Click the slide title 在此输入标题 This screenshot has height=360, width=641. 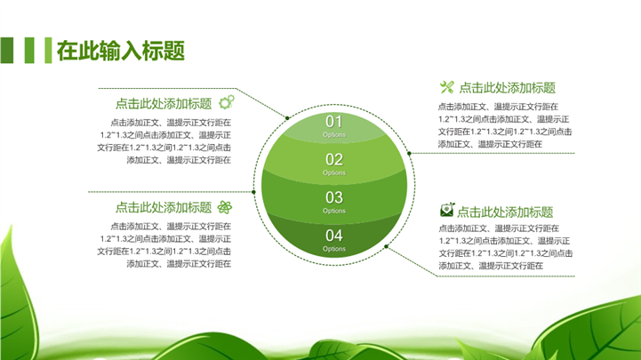[121, 51]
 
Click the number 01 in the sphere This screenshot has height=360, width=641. [333, 122]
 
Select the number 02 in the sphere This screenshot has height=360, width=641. [334, 159]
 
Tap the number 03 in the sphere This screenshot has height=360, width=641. [334, 197]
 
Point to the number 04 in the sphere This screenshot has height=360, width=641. [334, 236]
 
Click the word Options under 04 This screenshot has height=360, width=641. [334, 249]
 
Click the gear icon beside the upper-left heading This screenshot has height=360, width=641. [227, 101]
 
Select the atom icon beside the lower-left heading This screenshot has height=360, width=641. [224, 207]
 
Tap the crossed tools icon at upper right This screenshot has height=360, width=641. [447, 86]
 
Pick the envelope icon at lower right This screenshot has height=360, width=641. [447, 210]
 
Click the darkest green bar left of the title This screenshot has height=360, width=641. [7, 51]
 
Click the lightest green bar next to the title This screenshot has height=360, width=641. [48, 51]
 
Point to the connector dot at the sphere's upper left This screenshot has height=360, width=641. [287, 118]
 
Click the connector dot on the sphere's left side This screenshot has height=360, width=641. [254, 192]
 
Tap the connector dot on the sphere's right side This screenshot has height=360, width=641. [409, 154]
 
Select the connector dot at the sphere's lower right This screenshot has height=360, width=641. [387, 246]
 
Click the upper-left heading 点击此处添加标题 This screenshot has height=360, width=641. [164, 103]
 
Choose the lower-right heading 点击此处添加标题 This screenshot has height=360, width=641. [505, 212]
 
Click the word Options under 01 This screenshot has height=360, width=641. [334, 134]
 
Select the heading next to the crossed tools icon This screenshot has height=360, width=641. [508, 87]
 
